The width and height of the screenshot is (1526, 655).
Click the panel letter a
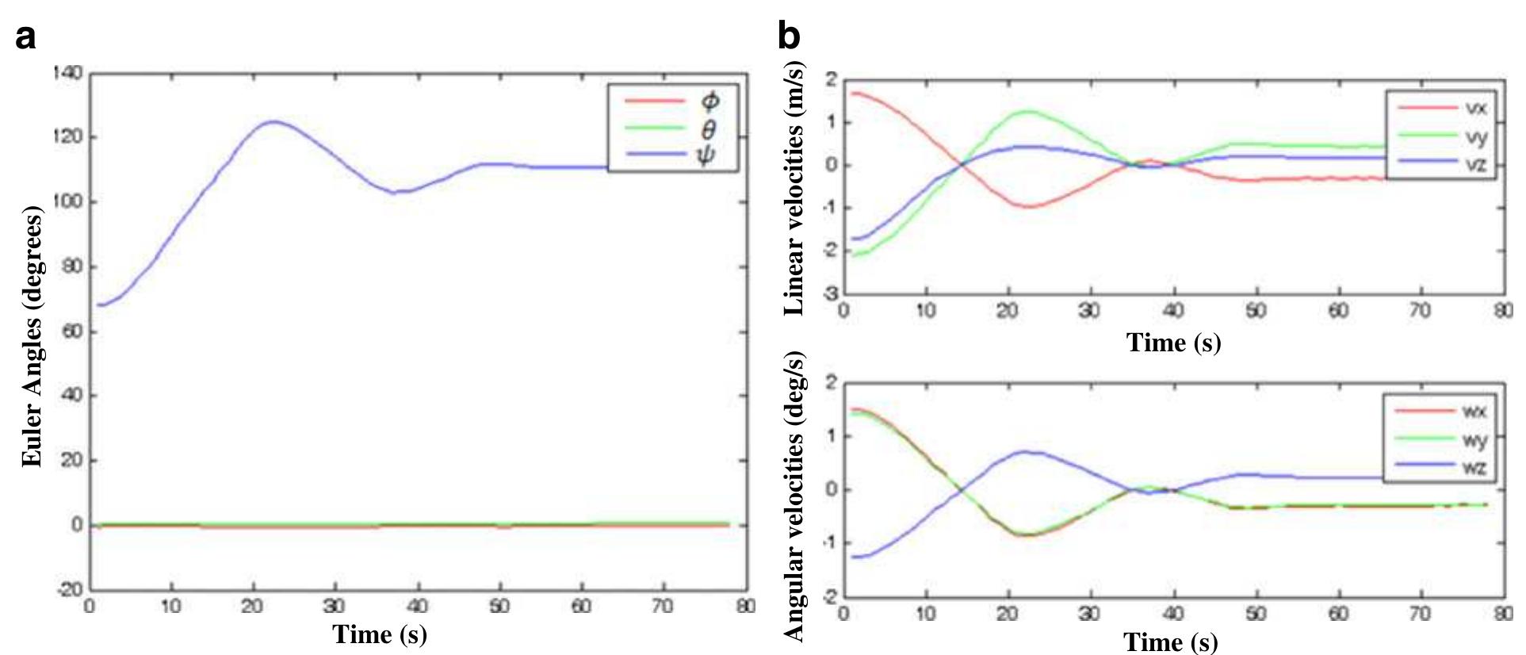[26, 36]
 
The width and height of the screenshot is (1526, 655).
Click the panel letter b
[789, 36]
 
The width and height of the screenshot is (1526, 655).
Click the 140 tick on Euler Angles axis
[67, 74]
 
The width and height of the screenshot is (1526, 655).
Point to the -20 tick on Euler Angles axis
[70, 589]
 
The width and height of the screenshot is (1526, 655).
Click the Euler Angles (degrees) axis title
[32, 338]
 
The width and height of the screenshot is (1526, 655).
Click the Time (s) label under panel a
[380, 634]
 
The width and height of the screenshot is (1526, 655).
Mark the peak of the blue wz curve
[1024, 451]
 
